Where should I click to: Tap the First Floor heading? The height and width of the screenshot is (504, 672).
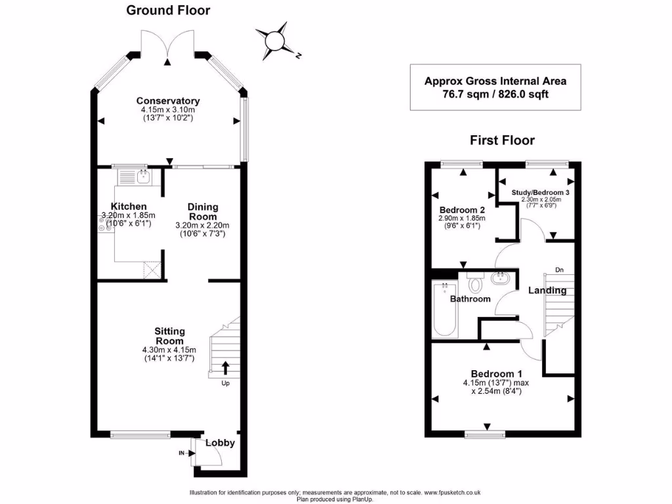(502, 140)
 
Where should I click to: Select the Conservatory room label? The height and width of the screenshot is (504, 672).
(168, 100)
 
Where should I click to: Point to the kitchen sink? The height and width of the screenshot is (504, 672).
(142, 176)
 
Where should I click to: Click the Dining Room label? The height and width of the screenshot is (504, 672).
(203, 211)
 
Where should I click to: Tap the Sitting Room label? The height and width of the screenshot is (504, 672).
(169, 336)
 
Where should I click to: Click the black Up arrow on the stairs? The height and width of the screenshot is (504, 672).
(225, 367)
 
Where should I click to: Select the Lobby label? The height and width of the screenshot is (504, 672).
(220, 443)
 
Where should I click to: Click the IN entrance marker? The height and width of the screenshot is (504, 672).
(182, 453)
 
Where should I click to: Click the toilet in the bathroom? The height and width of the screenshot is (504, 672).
(475, 283)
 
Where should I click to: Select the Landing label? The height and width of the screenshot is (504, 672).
(547, 290)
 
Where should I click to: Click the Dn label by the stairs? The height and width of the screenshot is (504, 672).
(558, 269)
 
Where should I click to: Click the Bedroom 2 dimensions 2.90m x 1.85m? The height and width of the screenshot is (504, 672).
(461, 218)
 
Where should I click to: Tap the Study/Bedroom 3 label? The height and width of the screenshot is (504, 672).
(541, 192)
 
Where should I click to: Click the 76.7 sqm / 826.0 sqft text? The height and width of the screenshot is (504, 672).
(495, 94)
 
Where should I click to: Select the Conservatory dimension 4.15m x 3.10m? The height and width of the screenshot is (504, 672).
(168, 110)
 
